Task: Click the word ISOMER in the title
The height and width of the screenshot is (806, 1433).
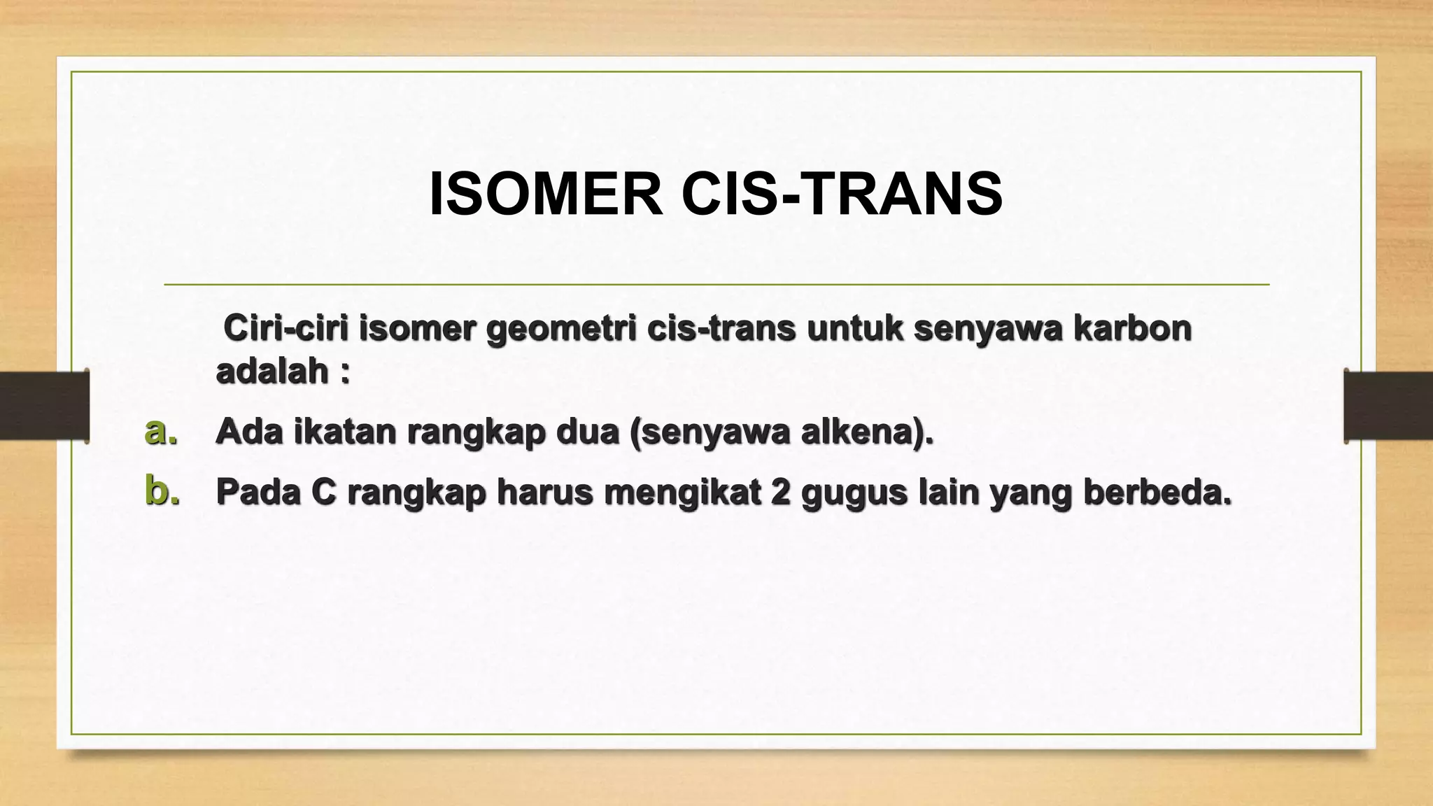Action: point(546,195)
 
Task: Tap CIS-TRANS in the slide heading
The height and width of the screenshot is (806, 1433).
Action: point(842,195)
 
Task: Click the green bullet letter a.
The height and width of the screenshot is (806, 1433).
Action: point(161,431)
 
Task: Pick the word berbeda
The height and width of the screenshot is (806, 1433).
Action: point(1157,492)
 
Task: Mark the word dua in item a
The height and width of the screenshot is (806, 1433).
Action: point(588,432)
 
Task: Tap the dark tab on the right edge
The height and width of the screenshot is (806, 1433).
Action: point(1388,406)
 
